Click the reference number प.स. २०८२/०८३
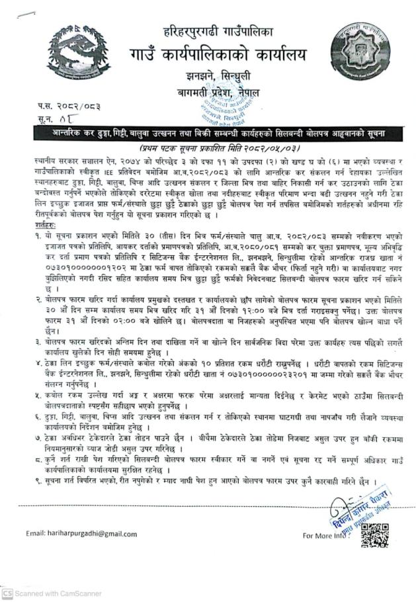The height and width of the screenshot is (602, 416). [x=61, y=106]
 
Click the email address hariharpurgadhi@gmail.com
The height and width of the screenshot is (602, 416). [x=81, y=533]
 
